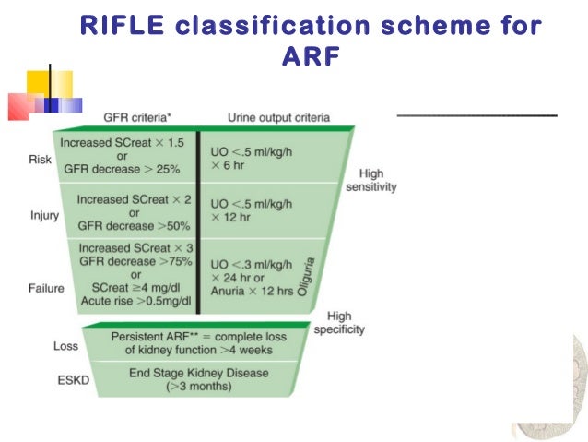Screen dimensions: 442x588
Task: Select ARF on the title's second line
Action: tap(310, 56)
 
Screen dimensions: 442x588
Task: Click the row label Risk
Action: tap(41, 159)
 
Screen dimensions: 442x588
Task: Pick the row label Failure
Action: tap(46, 287)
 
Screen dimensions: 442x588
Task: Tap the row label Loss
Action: tap(66, 346)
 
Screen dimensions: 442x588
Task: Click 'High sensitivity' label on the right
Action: tap(370, 180)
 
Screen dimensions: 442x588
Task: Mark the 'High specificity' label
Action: tap(338, 323)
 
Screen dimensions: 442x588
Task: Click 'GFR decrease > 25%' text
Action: tap(121, 171)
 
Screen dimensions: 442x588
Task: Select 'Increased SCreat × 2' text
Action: tap(136, 199)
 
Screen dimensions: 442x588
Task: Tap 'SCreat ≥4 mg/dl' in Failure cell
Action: tap(136, 287)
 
